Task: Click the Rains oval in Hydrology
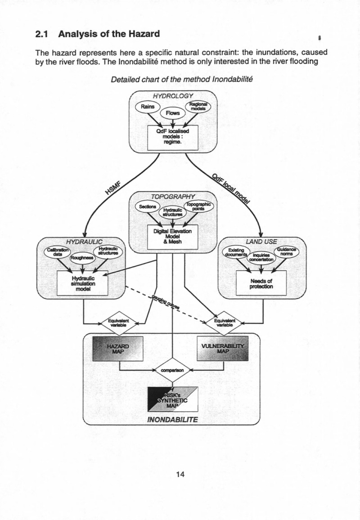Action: coord(146,108)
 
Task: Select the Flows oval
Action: coord(173,113)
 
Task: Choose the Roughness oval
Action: coord(81,258)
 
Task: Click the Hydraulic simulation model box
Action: coord(82,283)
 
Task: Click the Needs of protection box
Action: coord(261,283)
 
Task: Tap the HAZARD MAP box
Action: coord(117,349)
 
